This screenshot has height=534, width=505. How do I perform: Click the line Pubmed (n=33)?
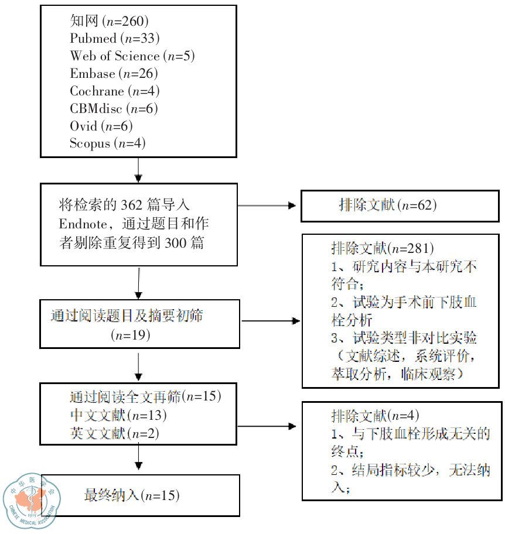pos(115,39)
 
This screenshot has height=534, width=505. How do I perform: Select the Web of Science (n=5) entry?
pos(132,56)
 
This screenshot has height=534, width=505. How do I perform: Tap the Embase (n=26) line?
pos(114,74)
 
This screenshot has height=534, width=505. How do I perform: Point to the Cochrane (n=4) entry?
pos(115,91)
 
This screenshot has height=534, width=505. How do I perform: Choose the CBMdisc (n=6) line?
pos(114,109)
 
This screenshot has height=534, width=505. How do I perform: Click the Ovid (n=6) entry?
pos(101,126)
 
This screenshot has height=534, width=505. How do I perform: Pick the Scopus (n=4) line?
pos(108,143)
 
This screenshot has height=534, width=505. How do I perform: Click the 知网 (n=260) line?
pos(110,22)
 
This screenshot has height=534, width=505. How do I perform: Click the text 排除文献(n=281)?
pos(382,248)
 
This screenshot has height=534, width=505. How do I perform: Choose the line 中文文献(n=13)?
pos(118,416)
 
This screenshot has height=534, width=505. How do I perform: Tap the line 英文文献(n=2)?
pos(114,434)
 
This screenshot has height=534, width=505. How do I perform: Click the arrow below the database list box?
pos(138,170)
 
